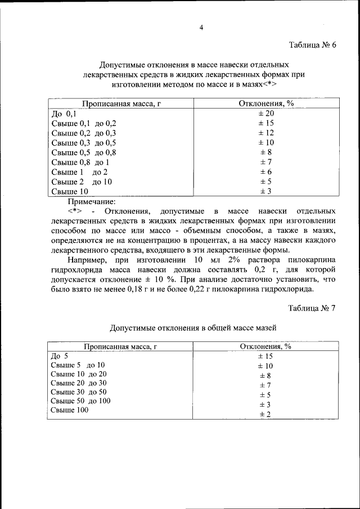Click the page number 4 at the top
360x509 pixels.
click(201, 28)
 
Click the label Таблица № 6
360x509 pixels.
click(312, 46)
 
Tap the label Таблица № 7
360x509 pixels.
click(312, 308)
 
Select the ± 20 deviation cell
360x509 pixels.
click(266, 114)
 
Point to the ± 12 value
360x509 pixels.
click(266, 133)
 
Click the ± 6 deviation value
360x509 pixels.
click(266, 172)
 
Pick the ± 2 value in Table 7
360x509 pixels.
click(265, 415)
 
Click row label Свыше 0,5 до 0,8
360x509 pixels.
click(83, 152)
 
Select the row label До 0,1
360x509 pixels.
click(64, 114)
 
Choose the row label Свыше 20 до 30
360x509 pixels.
click(78, 383)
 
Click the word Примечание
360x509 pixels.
click(92, 201)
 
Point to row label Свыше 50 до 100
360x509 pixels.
click(80, 401)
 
